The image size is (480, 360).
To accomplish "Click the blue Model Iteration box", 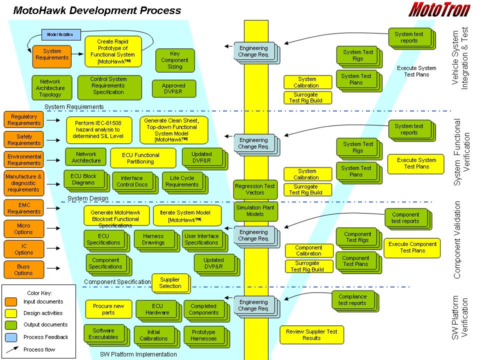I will pos(60,34).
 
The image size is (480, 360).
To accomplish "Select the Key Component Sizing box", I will pos(174,60).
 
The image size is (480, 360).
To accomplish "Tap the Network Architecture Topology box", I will pos(50,87).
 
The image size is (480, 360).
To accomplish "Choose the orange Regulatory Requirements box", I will pos(23,119).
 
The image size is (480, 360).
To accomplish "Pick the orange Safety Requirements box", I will pos(23,139).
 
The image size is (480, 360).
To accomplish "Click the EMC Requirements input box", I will pos(23,208).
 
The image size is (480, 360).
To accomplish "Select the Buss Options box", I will pos(23,269).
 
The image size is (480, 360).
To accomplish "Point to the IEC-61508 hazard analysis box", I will pos(100,129).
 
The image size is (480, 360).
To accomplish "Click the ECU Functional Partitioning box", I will pos(142,158).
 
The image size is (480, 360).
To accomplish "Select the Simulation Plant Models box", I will pos(255,210).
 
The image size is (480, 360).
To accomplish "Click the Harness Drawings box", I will pos(153,239).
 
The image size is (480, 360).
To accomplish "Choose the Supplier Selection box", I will pos(170,282).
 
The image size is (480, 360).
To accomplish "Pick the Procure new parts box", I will pos(108,309).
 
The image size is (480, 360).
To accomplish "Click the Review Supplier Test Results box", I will pos(311,334).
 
